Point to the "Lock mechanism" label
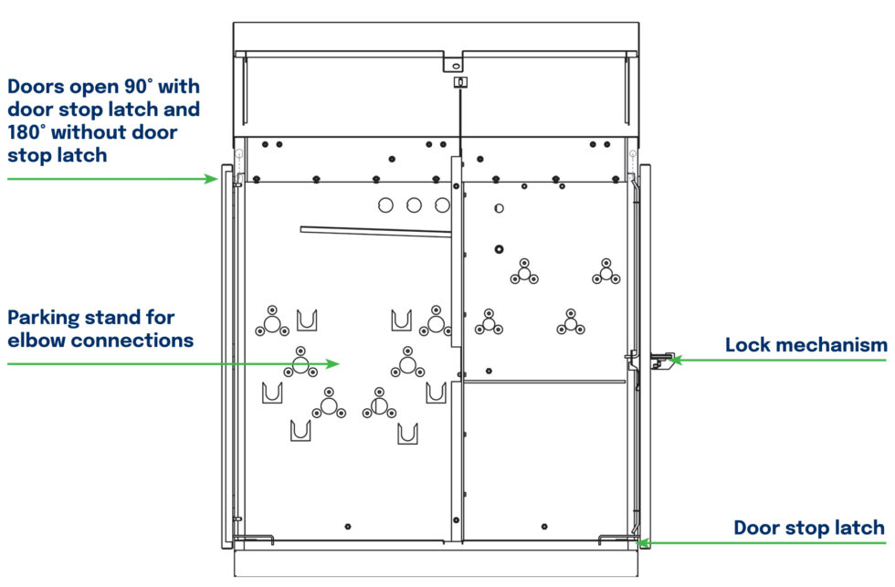pos(805,345)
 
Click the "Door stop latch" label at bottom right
pos(809,528)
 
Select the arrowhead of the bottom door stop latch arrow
pos(642,542)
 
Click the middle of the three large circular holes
pos(415,205)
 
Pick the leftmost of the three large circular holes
pos(386,205)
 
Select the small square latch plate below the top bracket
pos(460,82)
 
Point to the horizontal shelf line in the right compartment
pos(545,382)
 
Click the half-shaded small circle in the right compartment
pos(498,208)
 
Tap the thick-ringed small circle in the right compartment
pos(499,249)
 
